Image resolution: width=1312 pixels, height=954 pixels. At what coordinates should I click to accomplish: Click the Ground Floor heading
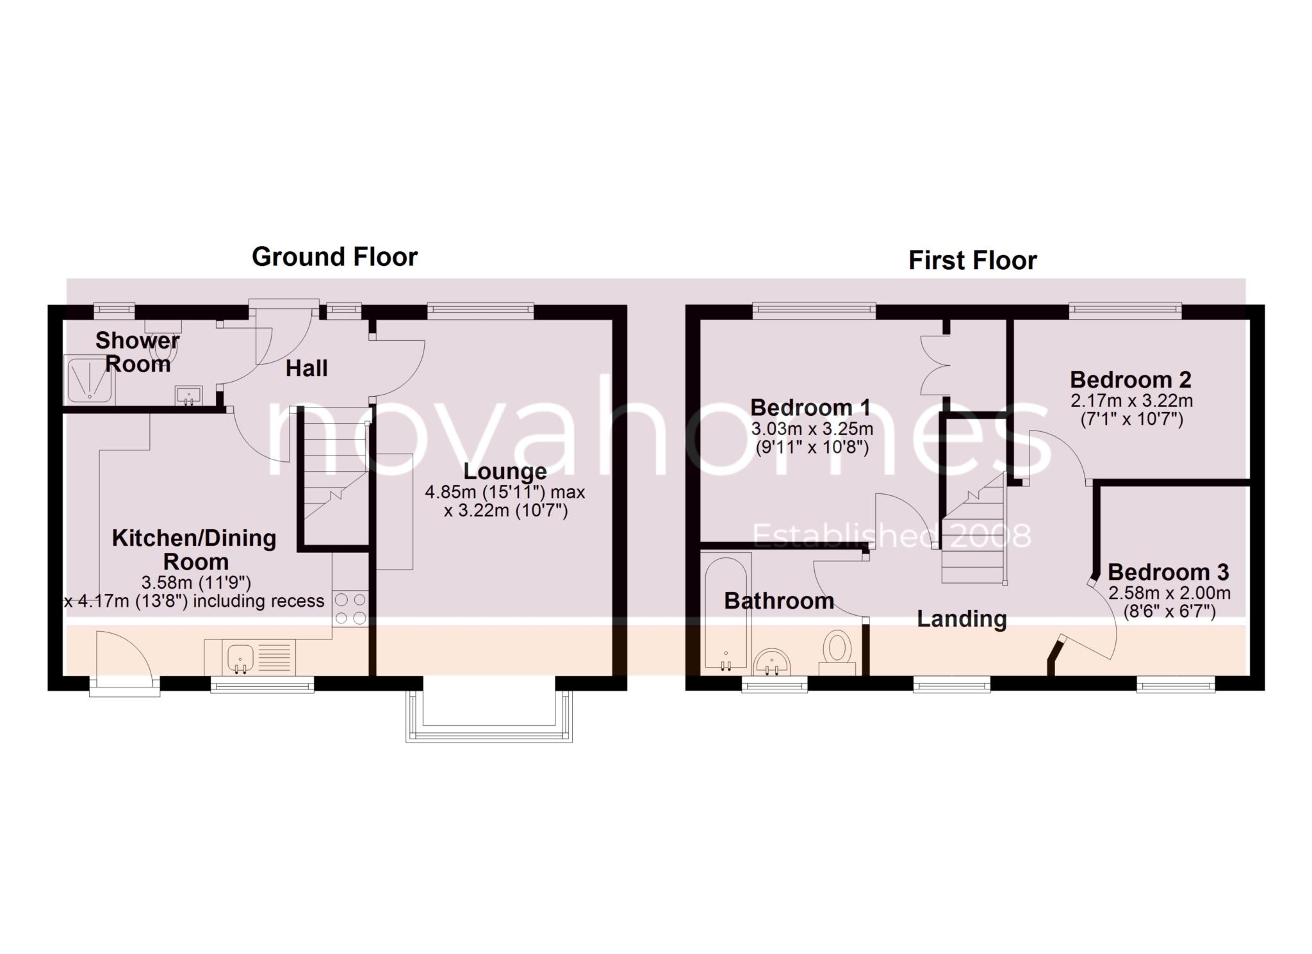pyautogui.click(x=334, y=257)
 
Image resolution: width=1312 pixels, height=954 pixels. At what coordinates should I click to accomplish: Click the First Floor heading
pyautogui.click(x=972, y=261)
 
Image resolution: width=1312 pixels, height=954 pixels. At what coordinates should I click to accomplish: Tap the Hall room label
pyautogui.click(x=306, y=368)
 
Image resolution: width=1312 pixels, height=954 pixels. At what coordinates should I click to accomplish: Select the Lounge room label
pyautogui.click(x=505, y=472)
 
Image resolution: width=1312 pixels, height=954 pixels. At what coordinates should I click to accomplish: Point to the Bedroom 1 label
pyautogui.click(x=810, y=407)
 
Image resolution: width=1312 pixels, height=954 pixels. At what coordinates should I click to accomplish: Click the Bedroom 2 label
pyautogui.click(x=1130, y=380)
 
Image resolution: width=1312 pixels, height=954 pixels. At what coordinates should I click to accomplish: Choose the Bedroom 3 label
pyautogui.click(x=1168, y=572)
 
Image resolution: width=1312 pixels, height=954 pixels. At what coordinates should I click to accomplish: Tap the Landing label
pyautogui.click(x=962, y=619)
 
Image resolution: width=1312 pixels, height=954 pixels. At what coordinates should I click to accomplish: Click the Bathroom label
pyautogui.click(x=779, y=601)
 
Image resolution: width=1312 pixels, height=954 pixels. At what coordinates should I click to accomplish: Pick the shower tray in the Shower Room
pyautogui.click(x=90, y=380)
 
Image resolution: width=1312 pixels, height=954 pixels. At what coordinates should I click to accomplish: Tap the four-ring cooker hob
pyautogui.click(x=350, y=609)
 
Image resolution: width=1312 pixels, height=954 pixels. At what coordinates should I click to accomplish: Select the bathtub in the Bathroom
pyautogui.click(x=726, y=614)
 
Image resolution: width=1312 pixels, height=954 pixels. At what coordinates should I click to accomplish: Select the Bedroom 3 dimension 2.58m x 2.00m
pyautogui.click(x=1169, y=593)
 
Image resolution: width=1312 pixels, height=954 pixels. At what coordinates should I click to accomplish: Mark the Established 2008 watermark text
pyautogui.click(x=891, y=536)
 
